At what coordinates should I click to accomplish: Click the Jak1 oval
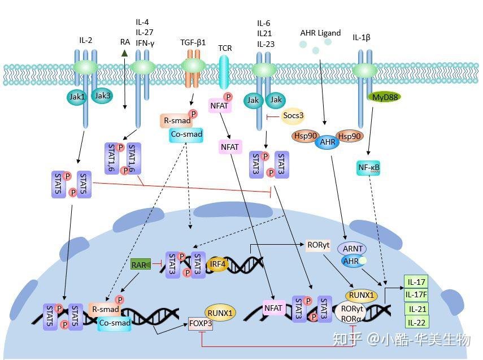(x=77, y=97)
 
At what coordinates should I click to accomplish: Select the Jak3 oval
(x=102, y=96)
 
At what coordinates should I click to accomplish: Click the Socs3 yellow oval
(x=293, y=116)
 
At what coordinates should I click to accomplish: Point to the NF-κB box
(x=368, y=168)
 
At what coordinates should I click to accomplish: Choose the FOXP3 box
(x=201, y=323)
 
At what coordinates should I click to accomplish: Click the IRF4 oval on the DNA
(x=217, y=264)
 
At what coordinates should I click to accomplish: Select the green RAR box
(x=141, y=264)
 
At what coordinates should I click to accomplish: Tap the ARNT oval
(x=353, y=249)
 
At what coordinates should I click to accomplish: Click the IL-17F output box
(x=416, y=294)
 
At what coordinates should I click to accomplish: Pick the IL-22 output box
(x=416, y=322)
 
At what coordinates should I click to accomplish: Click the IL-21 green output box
(x=417, y=309)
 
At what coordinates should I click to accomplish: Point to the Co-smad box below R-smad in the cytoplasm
(x=186, y=135)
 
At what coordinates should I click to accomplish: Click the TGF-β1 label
(x=193, y=42)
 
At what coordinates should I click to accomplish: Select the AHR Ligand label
(x=321, y=33)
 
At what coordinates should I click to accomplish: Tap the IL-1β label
(x=362, y=38)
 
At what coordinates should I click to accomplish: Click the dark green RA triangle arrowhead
(x=124, y=53)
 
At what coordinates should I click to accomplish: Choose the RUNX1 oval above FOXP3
(x=220, y=313)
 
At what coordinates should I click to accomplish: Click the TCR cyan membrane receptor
(x=225, y=72)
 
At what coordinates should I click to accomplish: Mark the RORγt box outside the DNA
(x=318, y=245)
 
